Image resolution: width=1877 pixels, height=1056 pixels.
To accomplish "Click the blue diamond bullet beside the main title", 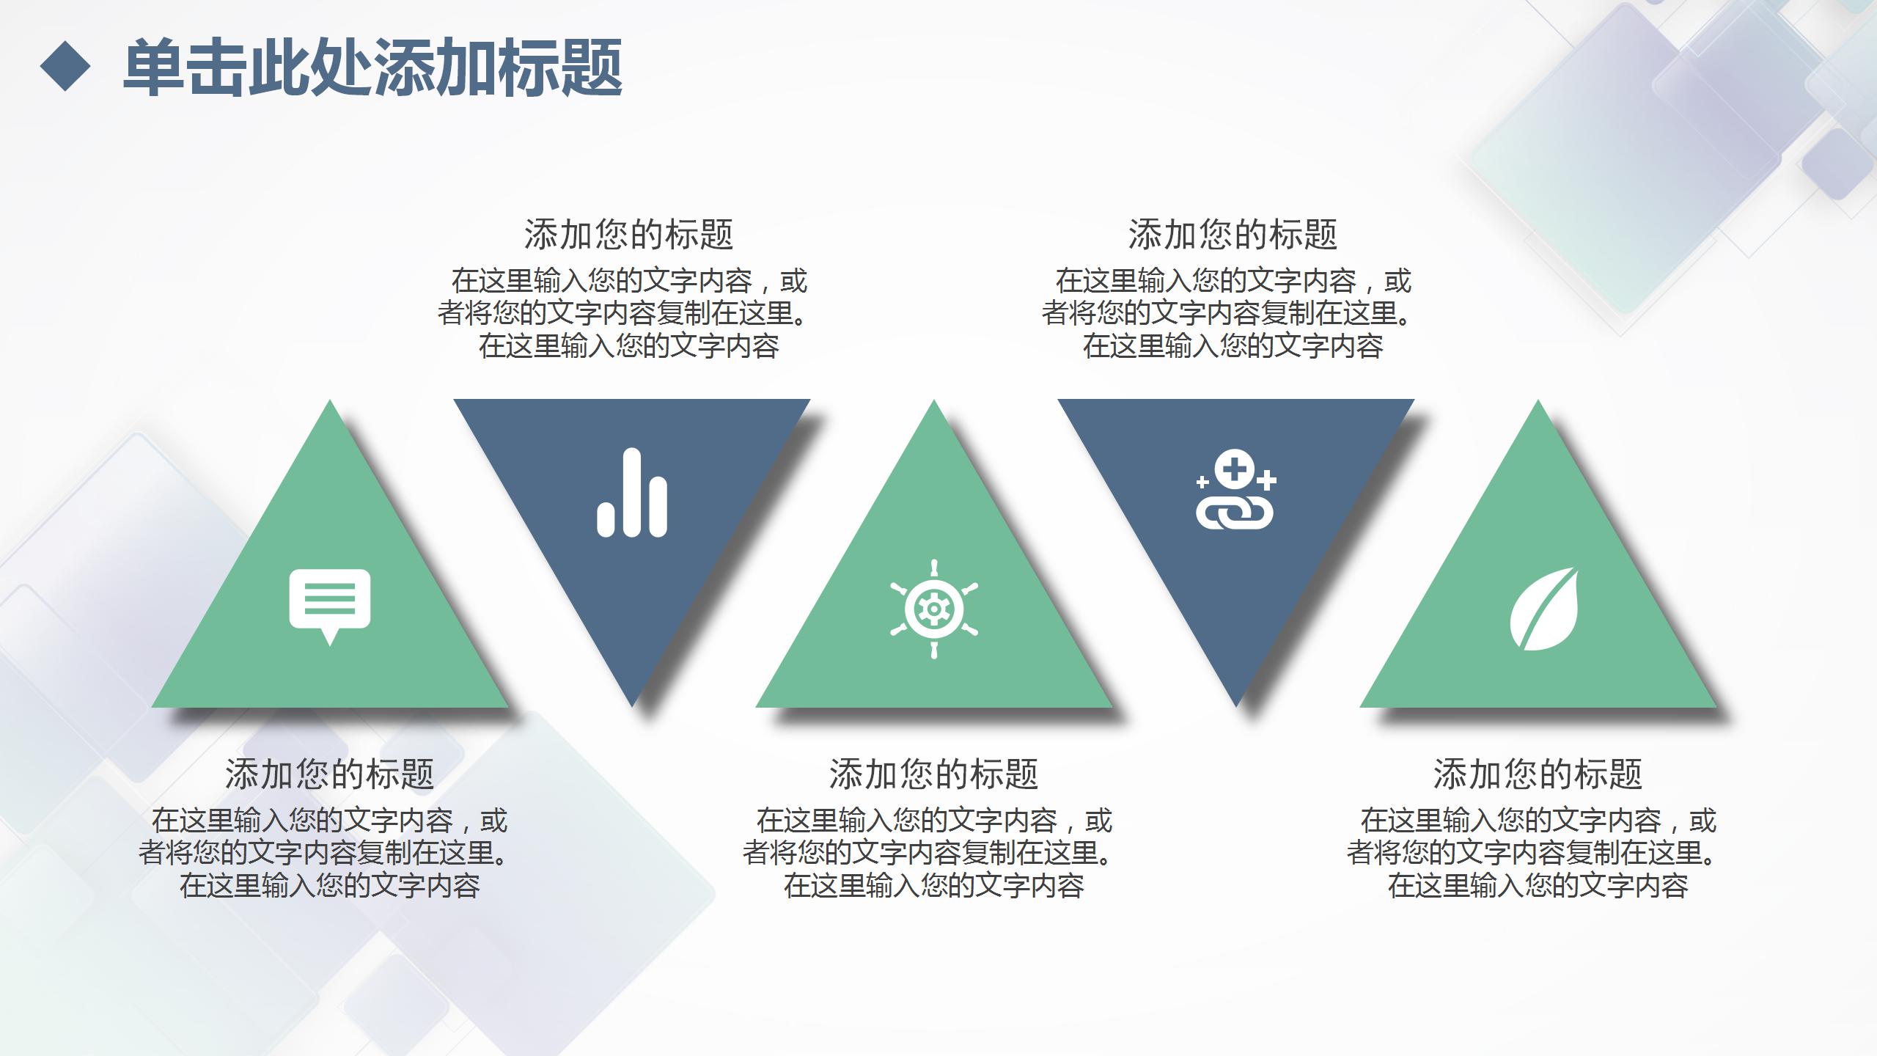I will [x=65, y=66].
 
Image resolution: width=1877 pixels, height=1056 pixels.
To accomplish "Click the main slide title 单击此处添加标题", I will [x=372, y=67].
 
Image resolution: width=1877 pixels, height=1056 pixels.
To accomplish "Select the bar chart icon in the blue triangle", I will [x=631, y=493].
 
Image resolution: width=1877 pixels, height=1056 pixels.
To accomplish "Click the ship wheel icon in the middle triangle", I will [x=933, y=609].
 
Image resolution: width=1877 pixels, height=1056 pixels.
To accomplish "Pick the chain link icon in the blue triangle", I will [x=1235, y=490].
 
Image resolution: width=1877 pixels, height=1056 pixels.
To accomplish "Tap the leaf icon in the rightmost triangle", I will [x=1544, y=609].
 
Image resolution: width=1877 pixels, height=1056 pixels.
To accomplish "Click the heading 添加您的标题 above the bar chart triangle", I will [x=628, y=235].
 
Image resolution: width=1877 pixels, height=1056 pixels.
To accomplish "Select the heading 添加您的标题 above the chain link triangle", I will [x=1233, y=235].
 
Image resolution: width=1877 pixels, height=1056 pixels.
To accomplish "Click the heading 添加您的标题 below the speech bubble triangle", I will [x=329, y=774].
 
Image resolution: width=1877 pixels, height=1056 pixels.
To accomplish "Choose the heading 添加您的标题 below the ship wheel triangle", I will [x=933, y=774].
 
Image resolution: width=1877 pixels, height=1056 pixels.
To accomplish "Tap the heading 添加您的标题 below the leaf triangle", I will [x=1538, y=774].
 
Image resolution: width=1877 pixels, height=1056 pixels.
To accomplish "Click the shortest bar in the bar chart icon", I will [x=606, y=518].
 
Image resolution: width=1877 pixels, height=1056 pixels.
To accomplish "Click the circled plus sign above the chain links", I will [x=1235, y=468].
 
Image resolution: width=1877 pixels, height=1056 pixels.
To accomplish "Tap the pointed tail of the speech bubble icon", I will [x=330, y=639].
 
